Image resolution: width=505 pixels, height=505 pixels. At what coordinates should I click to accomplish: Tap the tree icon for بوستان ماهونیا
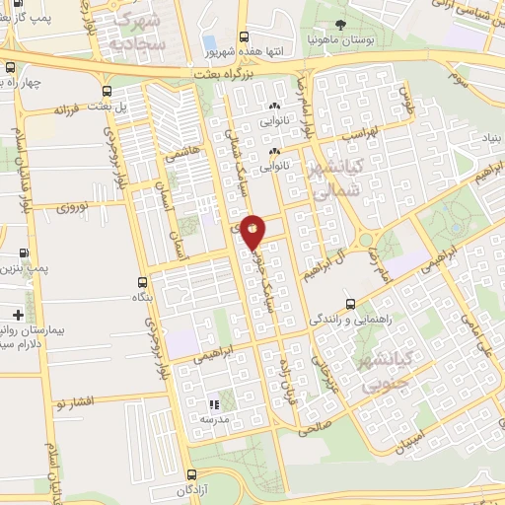click(341, 24)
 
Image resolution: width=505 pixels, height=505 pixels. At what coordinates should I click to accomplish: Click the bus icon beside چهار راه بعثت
click(11, 68)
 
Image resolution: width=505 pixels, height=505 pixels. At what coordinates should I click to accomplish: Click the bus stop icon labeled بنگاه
click(144, 281)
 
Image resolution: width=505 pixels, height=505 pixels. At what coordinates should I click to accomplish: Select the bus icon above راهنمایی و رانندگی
click(350, 303)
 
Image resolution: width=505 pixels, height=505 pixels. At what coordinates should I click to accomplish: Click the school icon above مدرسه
click(213, 404)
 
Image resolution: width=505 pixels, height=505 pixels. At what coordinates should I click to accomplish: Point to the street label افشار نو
click(75, 403)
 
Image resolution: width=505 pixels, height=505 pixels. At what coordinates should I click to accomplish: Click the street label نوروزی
click(72, 208)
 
